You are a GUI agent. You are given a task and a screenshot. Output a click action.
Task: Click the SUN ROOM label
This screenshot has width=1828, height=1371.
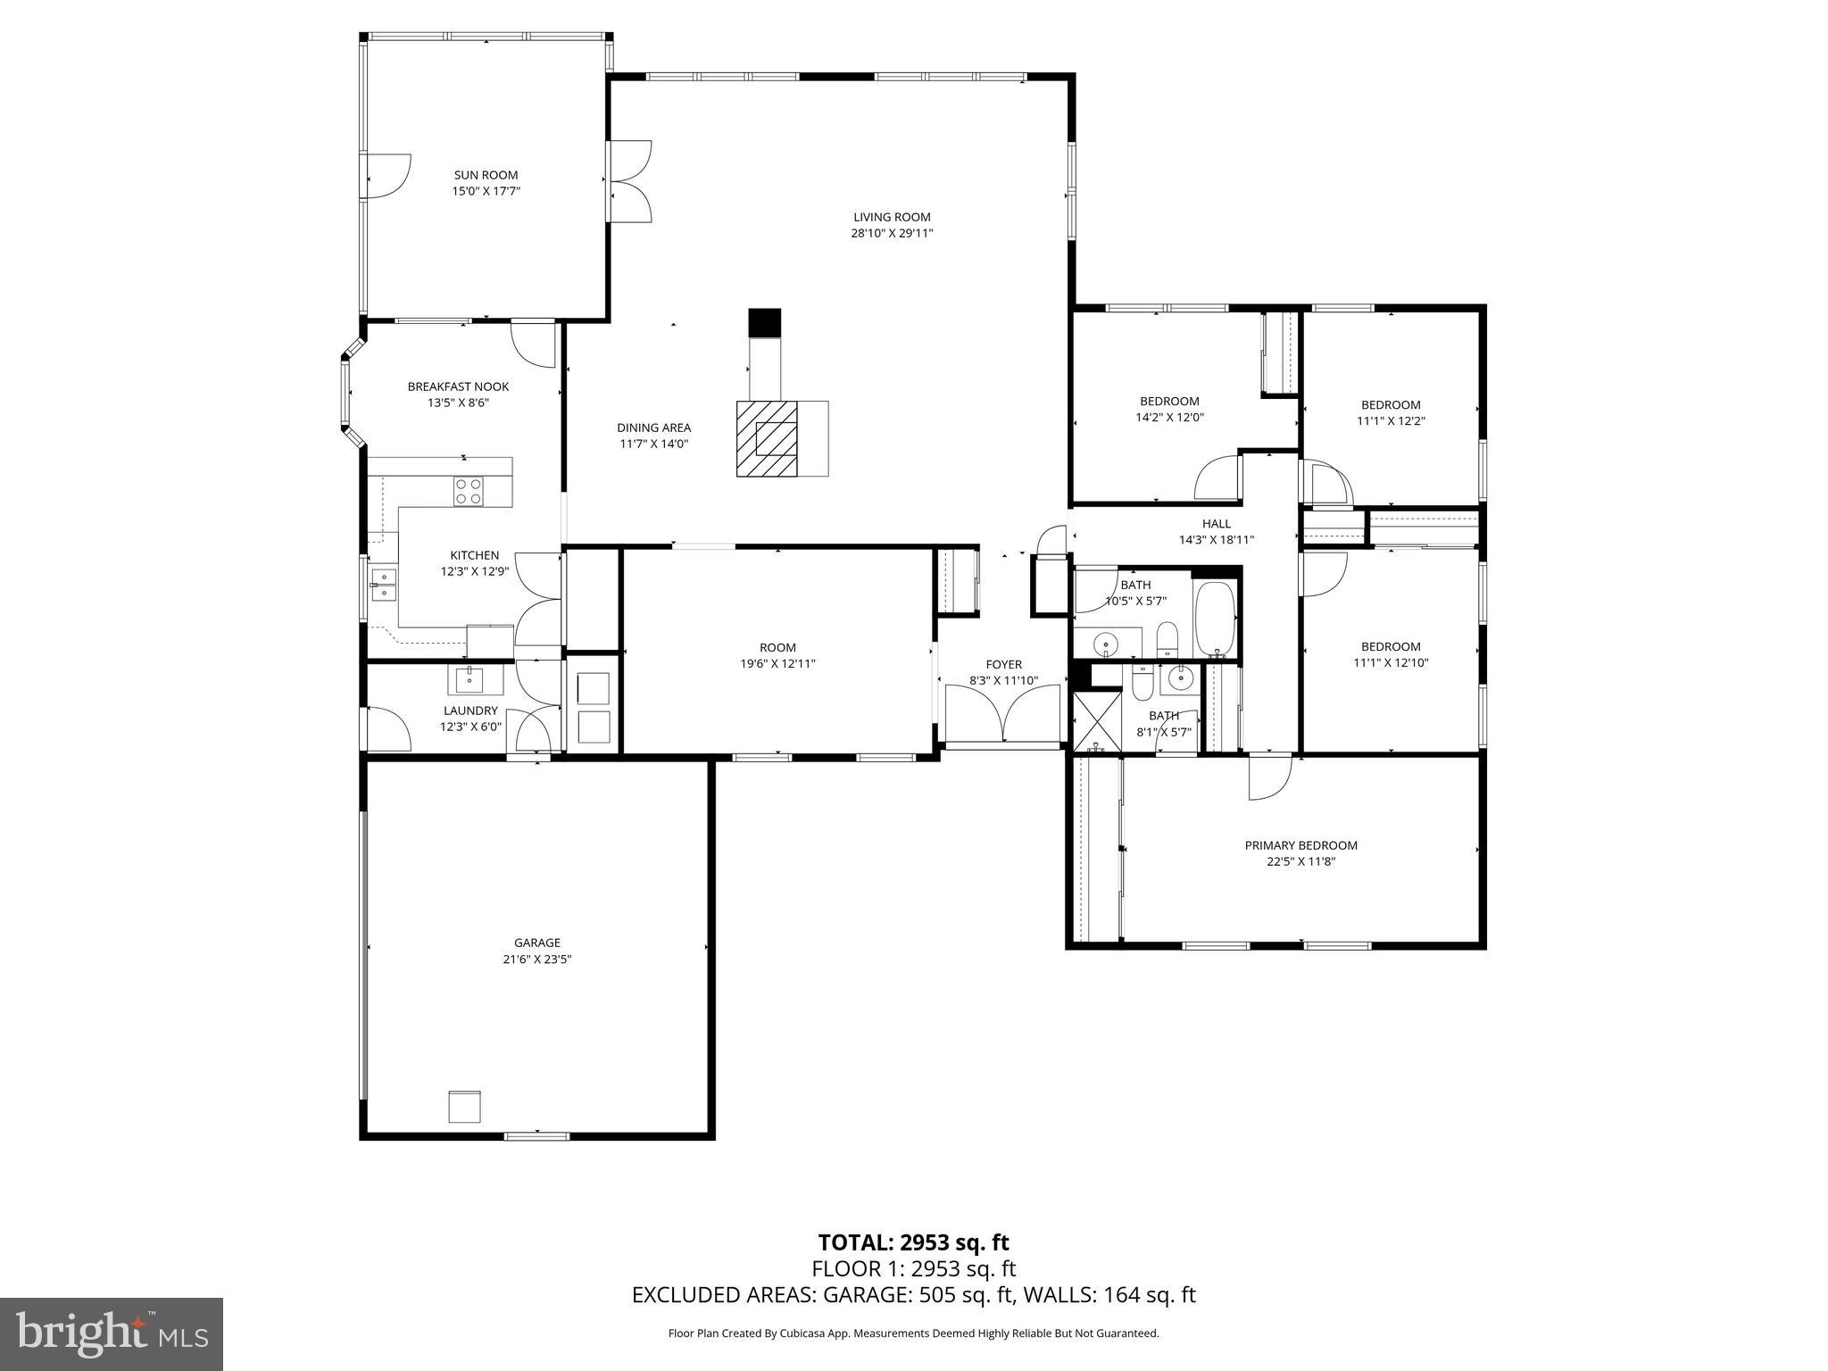pos(486,175)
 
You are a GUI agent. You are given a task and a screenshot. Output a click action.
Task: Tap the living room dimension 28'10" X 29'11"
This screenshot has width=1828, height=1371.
pos(892,233)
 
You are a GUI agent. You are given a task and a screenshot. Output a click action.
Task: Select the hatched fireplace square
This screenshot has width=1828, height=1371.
pos(767,438)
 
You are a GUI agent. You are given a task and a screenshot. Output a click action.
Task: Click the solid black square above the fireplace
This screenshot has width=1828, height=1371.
pos(764,322)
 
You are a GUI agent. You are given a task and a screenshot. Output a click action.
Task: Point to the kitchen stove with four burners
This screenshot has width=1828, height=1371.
pos(469,491)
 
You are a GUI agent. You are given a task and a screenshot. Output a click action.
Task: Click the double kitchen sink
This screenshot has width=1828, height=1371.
pos(384,584)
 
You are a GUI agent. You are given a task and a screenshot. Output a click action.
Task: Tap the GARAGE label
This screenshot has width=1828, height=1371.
pos(536,943)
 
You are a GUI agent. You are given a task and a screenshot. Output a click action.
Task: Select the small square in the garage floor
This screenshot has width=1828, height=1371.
pos(464,1106)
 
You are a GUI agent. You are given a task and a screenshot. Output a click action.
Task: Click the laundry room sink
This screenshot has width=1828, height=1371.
pos(469,680)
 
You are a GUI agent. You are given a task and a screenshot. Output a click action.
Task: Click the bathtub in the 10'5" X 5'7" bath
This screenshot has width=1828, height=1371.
pos(1215,619)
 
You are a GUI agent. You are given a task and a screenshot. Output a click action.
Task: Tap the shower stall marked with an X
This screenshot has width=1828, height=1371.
pos(1091,720)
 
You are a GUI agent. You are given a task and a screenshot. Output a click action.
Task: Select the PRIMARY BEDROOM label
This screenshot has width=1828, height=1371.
pos(1300,845)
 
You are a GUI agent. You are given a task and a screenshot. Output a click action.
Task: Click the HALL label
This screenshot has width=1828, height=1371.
pos(1216,524)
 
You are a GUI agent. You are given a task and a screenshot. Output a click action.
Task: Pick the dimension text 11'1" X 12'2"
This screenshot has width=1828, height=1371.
pos(1391,420)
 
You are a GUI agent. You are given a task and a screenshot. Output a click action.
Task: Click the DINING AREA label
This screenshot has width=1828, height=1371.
pos(653,428)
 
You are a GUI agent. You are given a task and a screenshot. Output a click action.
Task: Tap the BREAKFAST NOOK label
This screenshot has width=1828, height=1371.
pos(458,386)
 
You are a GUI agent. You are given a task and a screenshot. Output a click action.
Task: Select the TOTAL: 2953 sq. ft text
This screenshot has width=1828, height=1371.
pos(913,1242)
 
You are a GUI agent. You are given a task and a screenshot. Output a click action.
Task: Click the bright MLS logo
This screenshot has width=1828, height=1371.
pos(112,1335)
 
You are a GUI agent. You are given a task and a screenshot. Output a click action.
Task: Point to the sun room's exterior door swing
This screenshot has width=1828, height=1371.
pos(389,175)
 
